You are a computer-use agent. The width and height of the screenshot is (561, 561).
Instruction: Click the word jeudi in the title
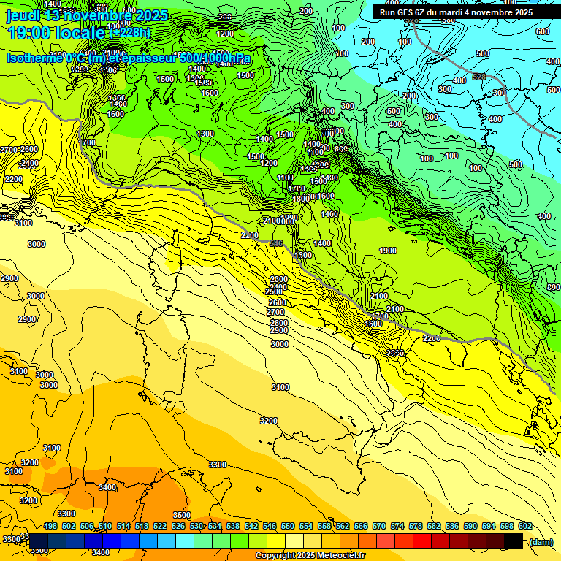pyautogui.click(x=23, y=15)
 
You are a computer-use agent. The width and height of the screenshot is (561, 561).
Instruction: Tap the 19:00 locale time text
pyautogui.click(x=56, y=32)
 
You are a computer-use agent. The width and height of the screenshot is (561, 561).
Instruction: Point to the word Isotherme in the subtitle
pyautogui.click(x=35, y=58)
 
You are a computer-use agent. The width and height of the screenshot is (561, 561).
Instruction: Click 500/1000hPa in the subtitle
pyautogui.click(x=215, y=58)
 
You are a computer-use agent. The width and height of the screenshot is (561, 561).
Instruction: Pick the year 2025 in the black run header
pyautogui.click(x=520, y=12)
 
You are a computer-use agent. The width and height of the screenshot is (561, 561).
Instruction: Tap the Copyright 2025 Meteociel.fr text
pyautogui.click(x=310, y=555)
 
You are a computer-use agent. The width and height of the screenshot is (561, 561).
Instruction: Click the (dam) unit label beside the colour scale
pyautogui.click(x=541, y=541)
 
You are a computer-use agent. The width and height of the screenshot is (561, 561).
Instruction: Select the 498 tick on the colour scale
pyautogui.click(x=50, y=526)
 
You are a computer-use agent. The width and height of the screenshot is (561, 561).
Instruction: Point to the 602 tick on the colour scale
pyautogui.click(x=525, y=526)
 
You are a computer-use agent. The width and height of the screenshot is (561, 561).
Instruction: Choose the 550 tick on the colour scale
pyautogui.click(x=288, y=526)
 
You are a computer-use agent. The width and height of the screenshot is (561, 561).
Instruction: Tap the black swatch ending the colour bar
pyautogui.click(x=514, y=541)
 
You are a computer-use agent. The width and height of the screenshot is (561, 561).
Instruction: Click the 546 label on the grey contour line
pyautogui.click(x=276, y=243)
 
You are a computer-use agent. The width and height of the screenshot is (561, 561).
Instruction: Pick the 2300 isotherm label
pyautogui.click(x=278, y=279)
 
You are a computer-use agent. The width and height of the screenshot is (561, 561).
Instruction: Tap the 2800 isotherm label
pyautogui.click(x=278, y=322)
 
